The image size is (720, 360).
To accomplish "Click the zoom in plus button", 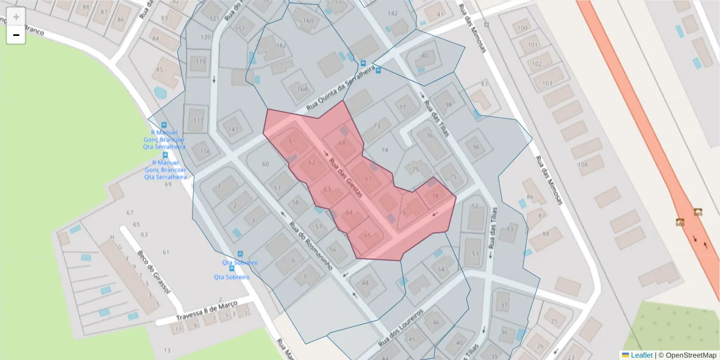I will pyautogui.click(x=16, y=17).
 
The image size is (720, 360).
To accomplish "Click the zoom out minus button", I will pyautogui.click(x=16, y=35).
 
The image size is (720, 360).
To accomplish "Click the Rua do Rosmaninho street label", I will pyautogui.click(x=310, y=246).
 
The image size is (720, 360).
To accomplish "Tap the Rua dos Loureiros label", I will pyautogui.click(x=401, y=329).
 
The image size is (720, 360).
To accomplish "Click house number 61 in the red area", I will pyautogui.click(x=293, y=141).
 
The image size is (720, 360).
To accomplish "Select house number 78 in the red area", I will pyautogui.click(x=435, y=196).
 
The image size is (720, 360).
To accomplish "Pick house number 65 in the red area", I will pyautogui.click(x=368, y=235).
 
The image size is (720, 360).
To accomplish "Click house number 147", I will pyautogui.click(x=233, y=129).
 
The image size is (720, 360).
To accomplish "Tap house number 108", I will pyautogui.click(x=582, y=165).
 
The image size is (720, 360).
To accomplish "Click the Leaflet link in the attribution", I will pyautogui.click(x=641, y=355).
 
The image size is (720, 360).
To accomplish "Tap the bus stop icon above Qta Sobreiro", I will pyautogui.click(x=241, y=254).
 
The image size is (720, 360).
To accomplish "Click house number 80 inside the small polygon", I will pyautogui.click(x=425, y=56).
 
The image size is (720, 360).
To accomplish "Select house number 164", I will pyautogui.click(x=302, y=89).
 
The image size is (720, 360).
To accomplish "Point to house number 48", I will pyautogui.click(x=365, y=283).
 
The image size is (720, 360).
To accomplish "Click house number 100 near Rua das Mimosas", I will pyautogui.click(x=523, y=28).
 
